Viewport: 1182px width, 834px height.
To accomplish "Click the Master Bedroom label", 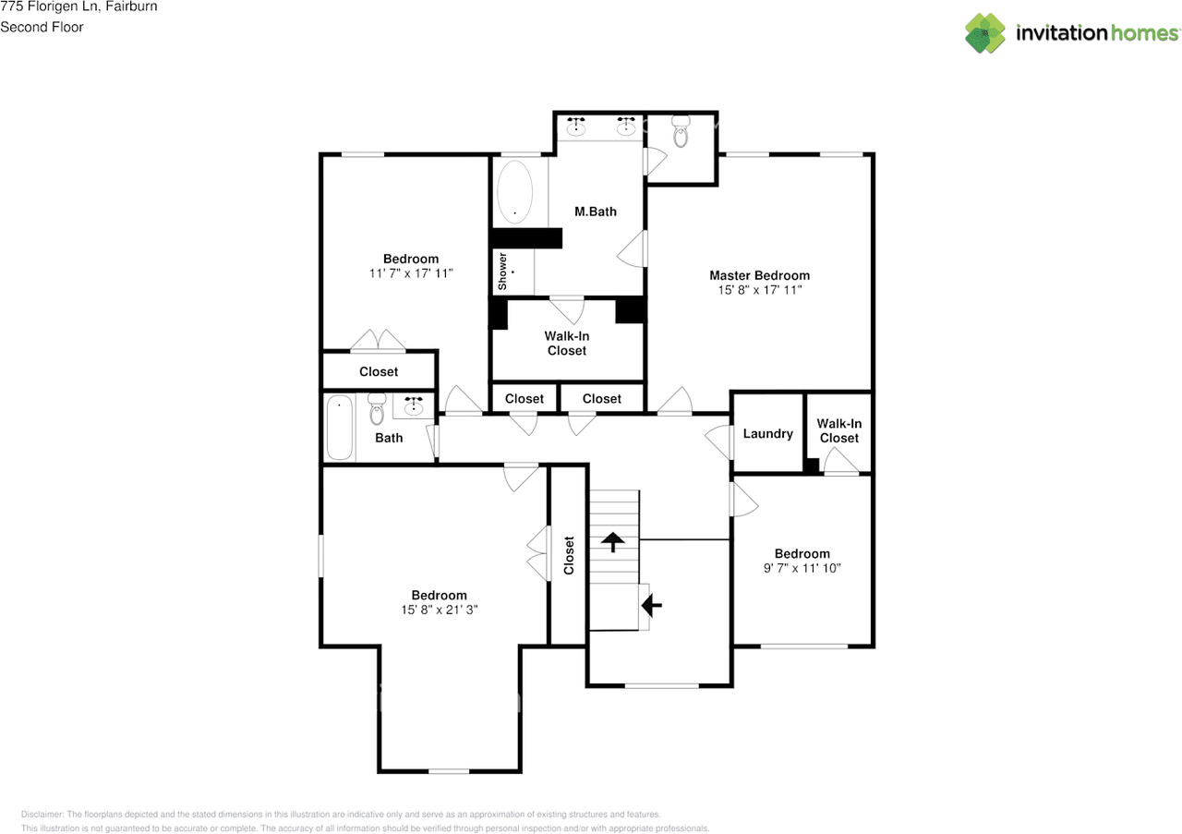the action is [759, 275].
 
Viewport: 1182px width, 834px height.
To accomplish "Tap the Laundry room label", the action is [767, 434].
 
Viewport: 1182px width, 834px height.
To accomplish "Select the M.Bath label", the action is [596, 212].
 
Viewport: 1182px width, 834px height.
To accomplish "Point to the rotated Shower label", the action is [502, 272].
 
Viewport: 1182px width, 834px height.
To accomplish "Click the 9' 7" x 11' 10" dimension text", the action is [802, 568].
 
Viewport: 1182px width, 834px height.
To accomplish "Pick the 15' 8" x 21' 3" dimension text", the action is [439, 610].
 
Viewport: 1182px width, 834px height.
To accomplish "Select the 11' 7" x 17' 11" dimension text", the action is [411, 273].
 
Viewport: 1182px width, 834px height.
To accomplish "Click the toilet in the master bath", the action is [681, 131].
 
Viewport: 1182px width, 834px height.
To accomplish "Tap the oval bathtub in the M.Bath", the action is [514, 192].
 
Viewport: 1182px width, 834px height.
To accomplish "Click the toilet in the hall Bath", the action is [377, 409].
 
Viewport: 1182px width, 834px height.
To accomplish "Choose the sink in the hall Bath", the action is [413, 405].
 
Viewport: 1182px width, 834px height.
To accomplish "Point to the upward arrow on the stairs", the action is [612, 542].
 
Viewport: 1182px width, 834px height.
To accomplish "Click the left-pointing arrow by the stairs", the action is [652, 606].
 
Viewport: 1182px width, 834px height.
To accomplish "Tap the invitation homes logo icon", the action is [985, 33].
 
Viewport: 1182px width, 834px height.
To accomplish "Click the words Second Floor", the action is [42, 27].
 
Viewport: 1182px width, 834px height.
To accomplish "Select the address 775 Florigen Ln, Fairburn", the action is [78, 6].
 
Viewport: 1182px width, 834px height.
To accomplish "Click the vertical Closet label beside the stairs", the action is [569, 555].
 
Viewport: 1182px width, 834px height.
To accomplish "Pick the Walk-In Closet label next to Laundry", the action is [839, 430].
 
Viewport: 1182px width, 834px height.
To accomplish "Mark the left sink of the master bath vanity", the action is [575, 127].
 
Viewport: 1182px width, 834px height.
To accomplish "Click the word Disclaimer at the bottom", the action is [42, 815].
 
